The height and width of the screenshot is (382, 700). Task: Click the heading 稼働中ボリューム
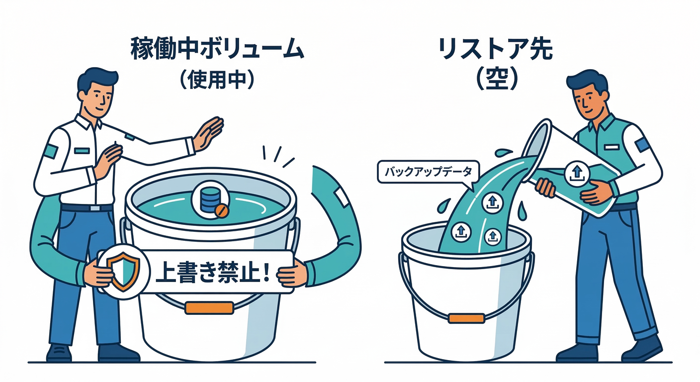pos(217,49)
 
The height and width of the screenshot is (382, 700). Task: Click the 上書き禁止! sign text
pos(212,272)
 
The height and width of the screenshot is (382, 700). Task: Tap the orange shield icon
pos(123,272)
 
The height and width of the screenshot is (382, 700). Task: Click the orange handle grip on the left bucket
pos(209,308)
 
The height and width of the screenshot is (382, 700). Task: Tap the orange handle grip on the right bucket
pos(466,318)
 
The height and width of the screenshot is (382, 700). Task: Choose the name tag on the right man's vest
pos(611,147)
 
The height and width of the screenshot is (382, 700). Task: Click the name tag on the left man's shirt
pos(82,151)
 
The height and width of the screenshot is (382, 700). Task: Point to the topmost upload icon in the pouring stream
pos(493,202)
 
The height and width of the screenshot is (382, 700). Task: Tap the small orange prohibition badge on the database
pos(222,211)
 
